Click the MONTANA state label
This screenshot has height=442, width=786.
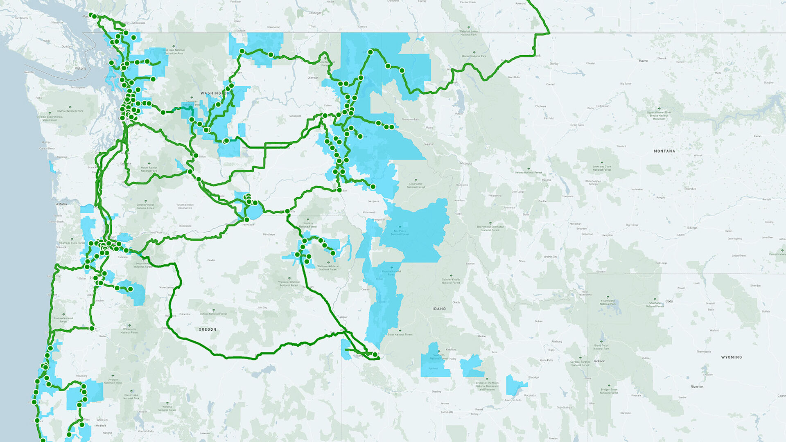coord(664,151)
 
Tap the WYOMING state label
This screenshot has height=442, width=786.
coord(731,357)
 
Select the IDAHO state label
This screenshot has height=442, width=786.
coord(439,309)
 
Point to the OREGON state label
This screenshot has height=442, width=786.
coord(208,329)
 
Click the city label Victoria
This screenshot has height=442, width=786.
coord(81,68)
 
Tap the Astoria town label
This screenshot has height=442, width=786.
coord(61,204)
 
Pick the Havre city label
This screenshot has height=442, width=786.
coord(643,61)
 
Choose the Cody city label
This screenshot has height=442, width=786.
coord(669,301)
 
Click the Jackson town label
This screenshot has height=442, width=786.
coord(599,361)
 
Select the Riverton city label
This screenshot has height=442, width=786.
coord(697,387)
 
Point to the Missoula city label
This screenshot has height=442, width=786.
coord(466,163)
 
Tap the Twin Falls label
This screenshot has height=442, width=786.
coord(447,412)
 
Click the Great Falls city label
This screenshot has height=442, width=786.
coord(578,125)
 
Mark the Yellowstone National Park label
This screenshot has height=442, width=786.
coord(608,302)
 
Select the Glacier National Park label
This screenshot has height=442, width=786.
coord(474,56)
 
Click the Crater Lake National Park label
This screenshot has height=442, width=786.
coord(131,397)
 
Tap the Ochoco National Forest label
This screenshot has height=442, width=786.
coord(213,313)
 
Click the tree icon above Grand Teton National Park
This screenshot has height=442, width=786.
coord(601,341)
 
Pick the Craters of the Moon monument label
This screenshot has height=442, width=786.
coord(487,386)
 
